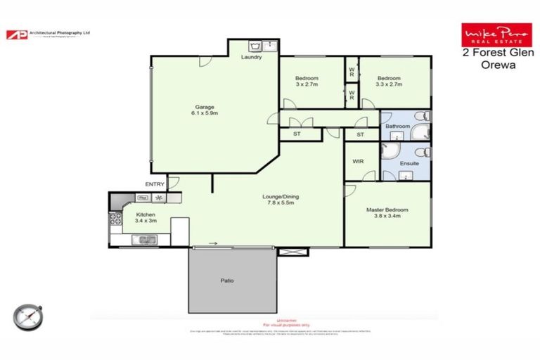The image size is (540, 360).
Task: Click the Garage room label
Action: [x=205, y=107]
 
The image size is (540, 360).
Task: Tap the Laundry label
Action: [x=251, y=57]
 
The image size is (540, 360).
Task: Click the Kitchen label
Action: [x=146, y=215]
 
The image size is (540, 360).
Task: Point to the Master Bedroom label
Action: [x=387, y=210]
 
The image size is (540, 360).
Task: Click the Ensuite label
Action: [x=409, y=163]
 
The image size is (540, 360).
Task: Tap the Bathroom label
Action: [x=397, y=127]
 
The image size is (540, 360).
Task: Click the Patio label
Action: [x=226, y=281]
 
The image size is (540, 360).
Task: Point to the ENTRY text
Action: [x=155, y=184]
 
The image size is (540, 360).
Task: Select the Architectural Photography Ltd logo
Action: [x=49, y=34]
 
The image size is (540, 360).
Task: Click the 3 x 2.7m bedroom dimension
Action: [x=307, y=84]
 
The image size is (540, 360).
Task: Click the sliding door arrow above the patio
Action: [x=212, y=244]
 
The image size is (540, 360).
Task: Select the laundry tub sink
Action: [x=255, y=46]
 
